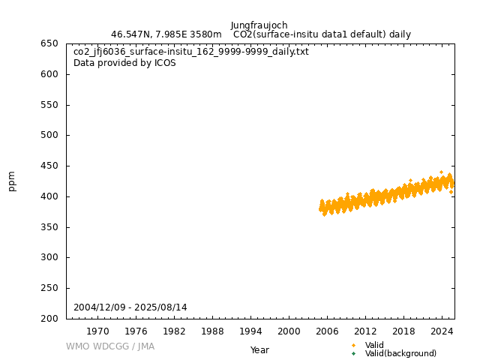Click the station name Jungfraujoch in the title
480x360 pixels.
[x=259, y=25]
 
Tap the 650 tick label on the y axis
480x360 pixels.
[x=49, y=43]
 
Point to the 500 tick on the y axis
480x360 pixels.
[x=49, y=136]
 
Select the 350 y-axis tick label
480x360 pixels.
[x=49, y=227]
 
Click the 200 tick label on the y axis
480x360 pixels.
[x=49, y=319]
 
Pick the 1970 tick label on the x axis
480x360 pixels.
[x=97, y=331]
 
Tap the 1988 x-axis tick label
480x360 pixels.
[x=212, y=331]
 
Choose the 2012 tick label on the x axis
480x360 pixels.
[x=365, y=331]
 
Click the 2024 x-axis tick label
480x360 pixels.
[x=442, y=331]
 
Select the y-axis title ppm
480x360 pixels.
[x=12, y=181]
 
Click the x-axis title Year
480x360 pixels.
[x=259, y=350]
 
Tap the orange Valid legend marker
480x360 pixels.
[x=354, y=345]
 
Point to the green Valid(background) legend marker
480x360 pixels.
[x=354, y=353]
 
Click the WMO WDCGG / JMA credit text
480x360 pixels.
[x=109, y=346]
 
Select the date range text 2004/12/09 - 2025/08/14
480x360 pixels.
[x=130, y=307]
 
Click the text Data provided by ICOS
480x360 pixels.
[x=124, y=63]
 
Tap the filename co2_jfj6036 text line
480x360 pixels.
[x=190, y=52]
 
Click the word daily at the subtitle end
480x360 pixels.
[x=399, y=34]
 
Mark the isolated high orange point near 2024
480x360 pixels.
[x=441, y=172]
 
